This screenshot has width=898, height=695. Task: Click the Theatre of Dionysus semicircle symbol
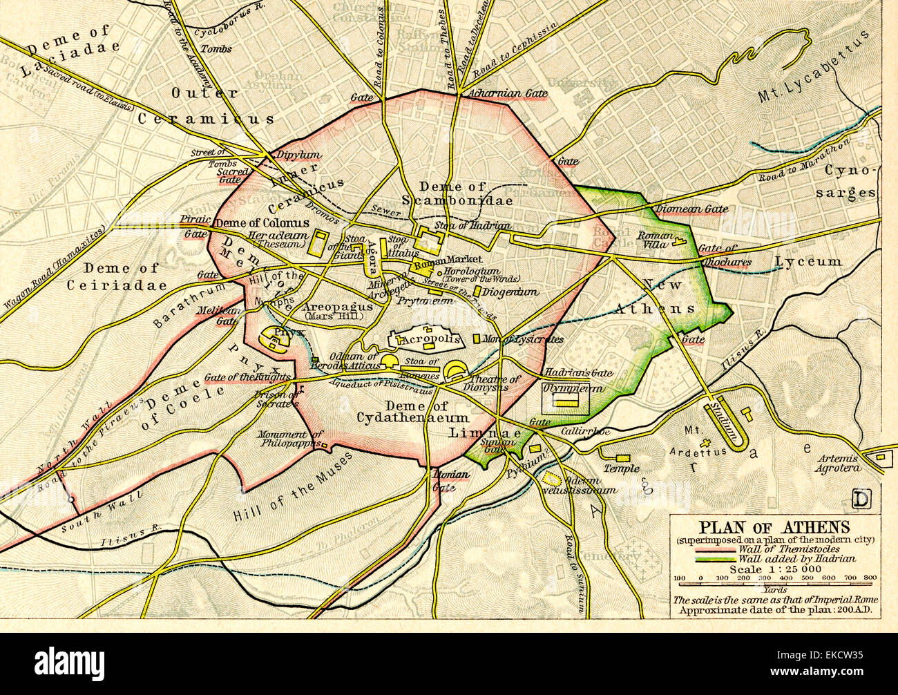[x=457, y=372]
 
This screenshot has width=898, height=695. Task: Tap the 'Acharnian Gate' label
[x=508, y=93]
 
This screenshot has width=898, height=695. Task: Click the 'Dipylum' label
[x=288, y=155]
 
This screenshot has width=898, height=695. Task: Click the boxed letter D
[x=861, y=499]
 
